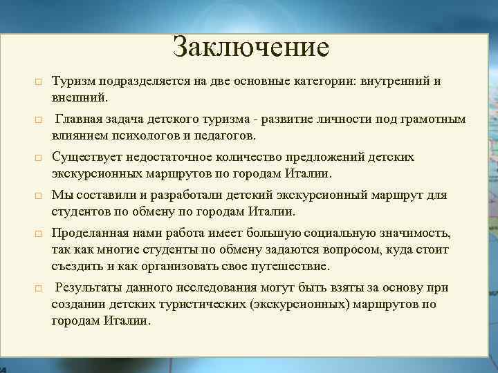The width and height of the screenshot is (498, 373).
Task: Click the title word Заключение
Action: (x=250, y=47)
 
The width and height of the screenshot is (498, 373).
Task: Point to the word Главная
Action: (x=80, y=119)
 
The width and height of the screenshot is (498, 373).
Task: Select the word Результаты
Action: (x=89, y=287)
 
